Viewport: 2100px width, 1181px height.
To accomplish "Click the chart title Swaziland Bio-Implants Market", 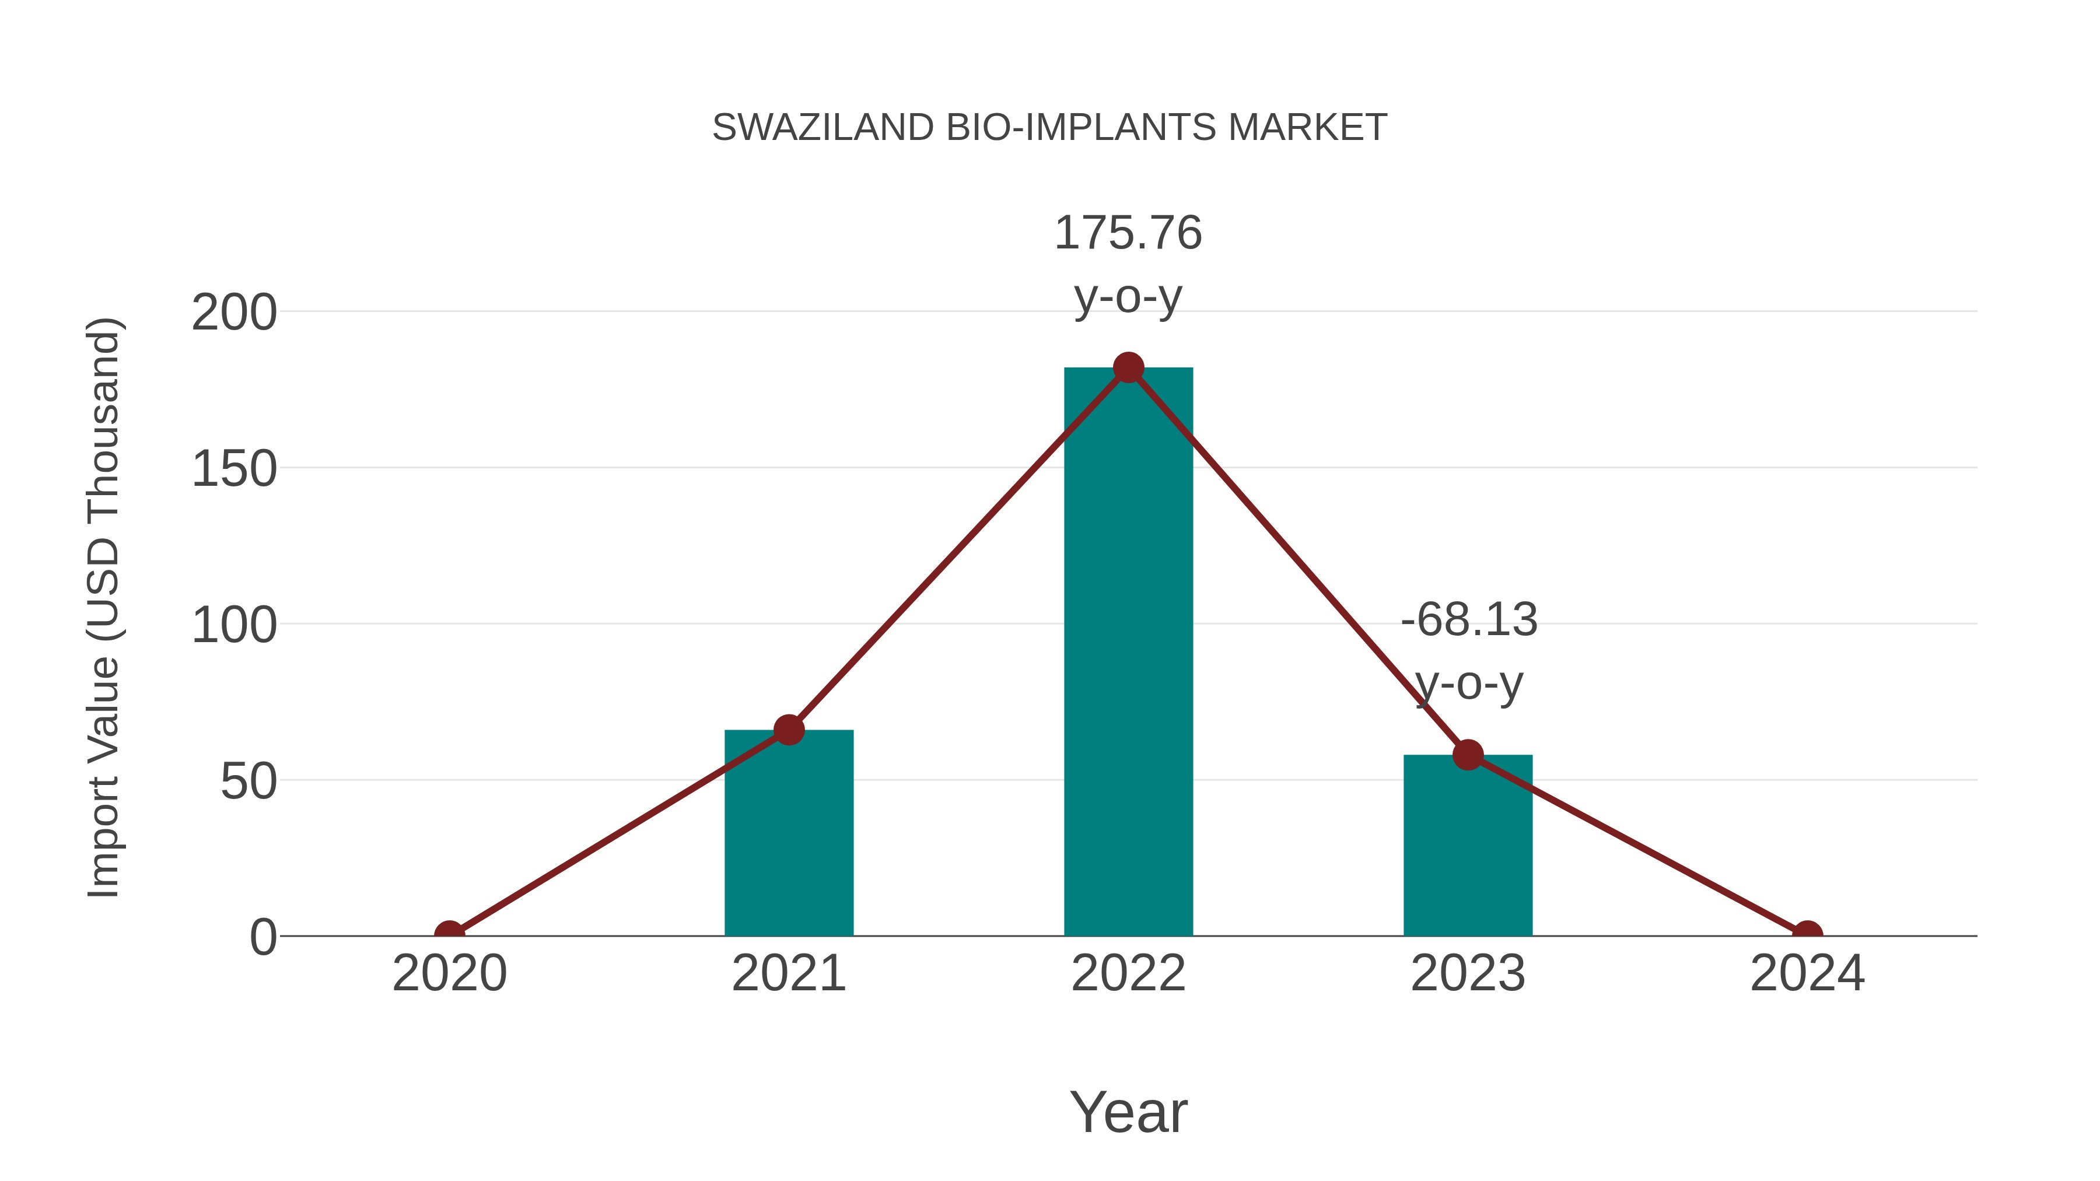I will (x=1049, y=128).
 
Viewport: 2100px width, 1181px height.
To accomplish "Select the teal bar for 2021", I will (x=788, y=839).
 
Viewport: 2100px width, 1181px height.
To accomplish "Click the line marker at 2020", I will (x=449, y=935).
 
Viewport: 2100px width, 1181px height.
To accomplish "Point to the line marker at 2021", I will (x=788, y=730).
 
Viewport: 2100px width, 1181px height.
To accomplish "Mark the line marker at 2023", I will (x=1468, y=755).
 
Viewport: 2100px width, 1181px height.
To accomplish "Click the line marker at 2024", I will (x=1807, y=935).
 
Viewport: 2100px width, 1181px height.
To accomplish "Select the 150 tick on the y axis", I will (x=234, y=469).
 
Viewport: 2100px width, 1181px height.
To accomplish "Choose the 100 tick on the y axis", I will (x=234, y=626).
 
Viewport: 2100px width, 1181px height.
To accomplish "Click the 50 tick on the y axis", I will (x=249, y=783).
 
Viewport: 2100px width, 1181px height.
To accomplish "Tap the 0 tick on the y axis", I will (x=263, y=937).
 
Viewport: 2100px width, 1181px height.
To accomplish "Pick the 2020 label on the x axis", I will (x=449, y=974).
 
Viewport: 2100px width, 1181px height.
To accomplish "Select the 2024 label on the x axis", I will (x=1807, y=974).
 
